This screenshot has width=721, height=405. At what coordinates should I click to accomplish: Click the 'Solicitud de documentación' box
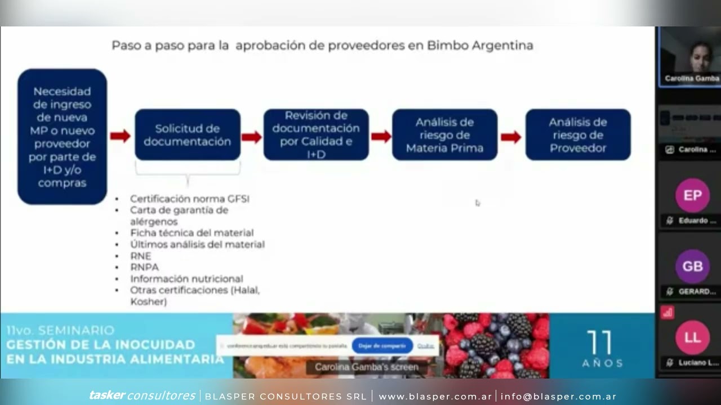[x=187, y=135]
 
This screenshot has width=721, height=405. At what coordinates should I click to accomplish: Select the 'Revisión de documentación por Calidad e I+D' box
[x=316, y=135]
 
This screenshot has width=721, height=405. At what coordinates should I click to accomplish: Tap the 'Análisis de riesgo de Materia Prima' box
[x=444, y=135]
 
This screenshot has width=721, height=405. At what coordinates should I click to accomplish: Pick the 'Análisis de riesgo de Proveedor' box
[x=578, y=135]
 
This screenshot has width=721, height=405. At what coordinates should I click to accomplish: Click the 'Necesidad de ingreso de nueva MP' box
[x=62, y=137]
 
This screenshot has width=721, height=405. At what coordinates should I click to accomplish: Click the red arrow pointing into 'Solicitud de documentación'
[x=120, y=136]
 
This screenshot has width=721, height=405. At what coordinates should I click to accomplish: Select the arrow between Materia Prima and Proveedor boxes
[x=511, y=137]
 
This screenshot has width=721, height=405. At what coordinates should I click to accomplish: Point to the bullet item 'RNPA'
[x=144, y=267]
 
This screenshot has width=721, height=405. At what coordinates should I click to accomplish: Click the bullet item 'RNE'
[x=141, y=256]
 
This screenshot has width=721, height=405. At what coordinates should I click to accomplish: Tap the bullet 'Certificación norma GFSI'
[x=189, y=199]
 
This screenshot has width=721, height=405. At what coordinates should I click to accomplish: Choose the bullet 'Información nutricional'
[x=186, y=279]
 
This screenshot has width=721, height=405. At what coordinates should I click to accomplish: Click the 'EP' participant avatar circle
[x=692, y=195]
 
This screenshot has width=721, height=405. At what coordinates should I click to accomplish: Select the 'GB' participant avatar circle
[x=692, y=266]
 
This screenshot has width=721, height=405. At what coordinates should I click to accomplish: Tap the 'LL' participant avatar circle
[x=692, y=337]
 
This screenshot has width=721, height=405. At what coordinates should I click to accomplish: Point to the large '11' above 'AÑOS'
[x=599, y=343]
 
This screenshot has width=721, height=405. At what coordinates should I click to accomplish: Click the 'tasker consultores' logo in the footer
[x=142, y=396]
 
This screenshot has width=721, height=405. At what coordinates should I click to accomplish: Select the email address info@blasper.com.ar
[x=558, y=397]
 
